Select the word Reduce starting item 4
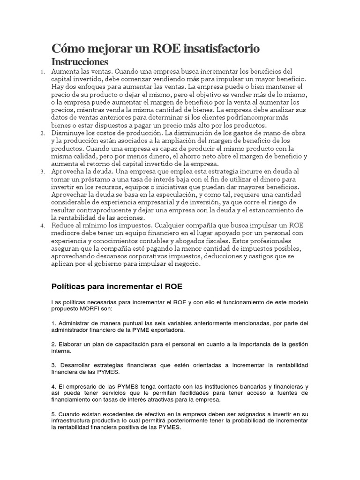click(x=63, y=225)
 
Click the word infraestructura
click(x=70, y=421)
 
